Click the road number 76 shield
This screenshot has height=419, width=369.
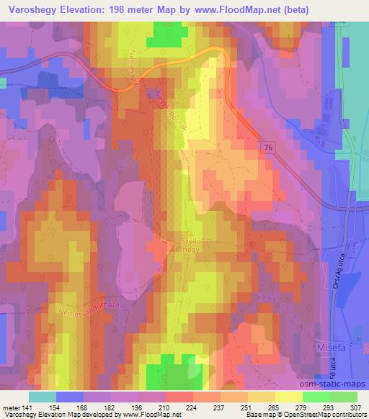pos(268,147)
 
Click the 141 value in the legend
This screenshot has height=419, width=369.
pos(27,407)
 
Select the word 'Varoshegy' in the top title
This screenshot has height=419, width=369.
pos(34,9)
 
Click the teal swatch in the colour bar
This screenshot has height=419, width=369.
pos(43,397)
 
